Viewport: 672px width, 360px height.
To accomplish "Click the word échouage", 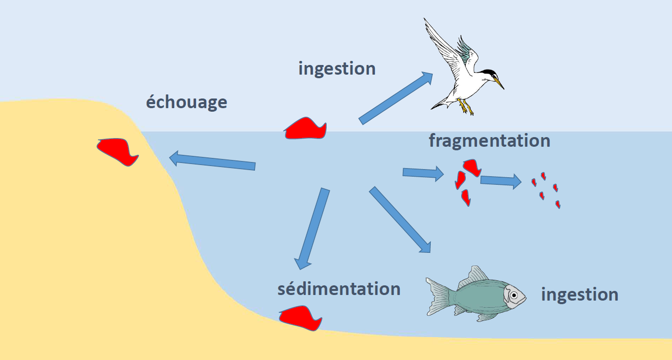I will (186, 103).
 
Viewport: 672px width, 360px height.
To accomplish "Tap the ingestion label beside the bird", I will (337, 69).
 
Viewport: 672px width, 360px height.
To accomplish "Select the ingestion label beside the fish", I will (580, 294).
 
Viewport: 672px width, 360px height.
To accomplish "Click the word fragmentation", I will (489, 141).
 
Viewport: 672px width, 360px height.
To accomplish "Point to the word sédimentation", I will (339, 289).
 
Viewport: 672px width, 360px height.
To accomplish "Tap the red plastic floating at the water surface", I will (305, 129).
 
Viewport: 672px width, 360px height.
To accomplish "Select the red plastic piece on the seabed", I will (301, 317).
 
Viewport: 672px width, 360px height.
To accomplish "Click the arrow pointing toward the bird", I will (396, 98).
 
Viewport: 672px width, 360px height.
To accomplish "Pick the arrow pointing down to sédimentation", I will (311, 228).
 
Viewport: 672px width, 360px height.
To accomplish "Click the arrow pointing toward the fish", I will (400, 219).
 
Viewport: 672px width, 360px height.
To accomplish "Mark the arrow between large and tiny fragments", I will (501, 180).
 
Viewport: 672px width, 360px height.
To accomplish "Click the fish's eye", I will (514, 295).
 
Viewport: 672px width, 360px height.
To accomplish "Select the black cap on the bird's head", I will (489, 72).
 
